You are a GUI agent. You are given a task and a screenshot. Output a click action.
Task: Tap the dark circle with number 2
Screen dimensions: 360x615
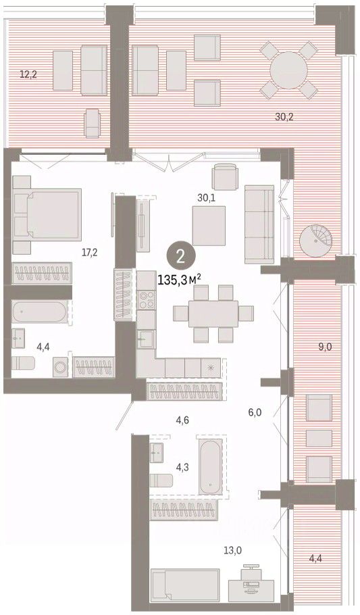pyautogui.click(x=181, y=257)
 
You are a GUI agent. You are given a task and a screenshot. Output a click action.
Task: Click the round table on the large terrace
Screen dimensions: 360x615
pyautogui.click(x=288, y=70)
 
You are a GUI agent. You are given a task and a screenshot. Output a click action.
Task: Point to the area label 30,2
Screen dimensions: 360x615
pyautogui.click(x=284, y=116)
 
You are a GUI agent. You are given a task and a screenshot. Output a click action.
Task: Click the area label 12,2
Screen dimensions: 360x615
pyautogui.click(x=28, y=74)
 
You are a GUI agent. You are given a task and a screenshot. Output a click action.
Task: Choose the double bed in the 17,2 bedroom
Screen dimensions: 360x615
pyautogui.click(x=47, y=214)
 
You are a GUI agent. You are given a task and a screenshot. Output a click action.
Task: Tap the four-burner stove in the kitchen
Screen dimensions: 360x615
pyautogui.click(x=147, y=299)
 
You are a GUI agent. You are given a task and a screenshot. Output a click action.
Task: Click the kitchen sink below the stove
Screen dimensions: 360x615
pyautogui.click(x=147, y=339)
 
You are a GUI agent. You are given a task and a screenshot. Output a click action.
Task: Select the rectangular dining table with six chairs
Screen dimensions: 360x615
pyautogui.click(x=213, y=314)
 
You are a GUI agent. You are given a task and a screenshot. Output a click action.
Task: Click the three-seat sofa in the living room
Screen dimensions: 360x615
pyautogui.click(x=259, y=224)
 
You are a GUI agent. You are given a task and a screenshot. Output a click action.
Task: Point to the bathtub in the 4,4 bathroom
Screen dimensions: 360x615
pyautogui.click(x=40, y=312)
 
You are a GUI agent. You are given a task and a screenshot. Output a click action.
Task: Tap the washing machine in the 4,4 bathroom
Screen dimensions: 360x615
pyautogui.click(x=60, y=368)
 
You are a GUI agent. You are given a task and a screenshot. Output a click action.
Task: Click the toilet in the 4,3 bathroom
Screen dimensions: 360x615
pyautogui.click(x=161, y=481)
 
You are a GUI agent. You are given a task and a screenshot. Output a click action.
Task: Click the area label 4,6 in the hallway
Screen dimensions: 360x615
pyautogui.click(x=183, y=420)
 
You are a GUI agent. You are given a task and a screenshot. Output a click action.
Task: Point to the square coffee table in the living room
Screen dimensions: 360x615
pyautogui.click(x=209, y=226)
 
